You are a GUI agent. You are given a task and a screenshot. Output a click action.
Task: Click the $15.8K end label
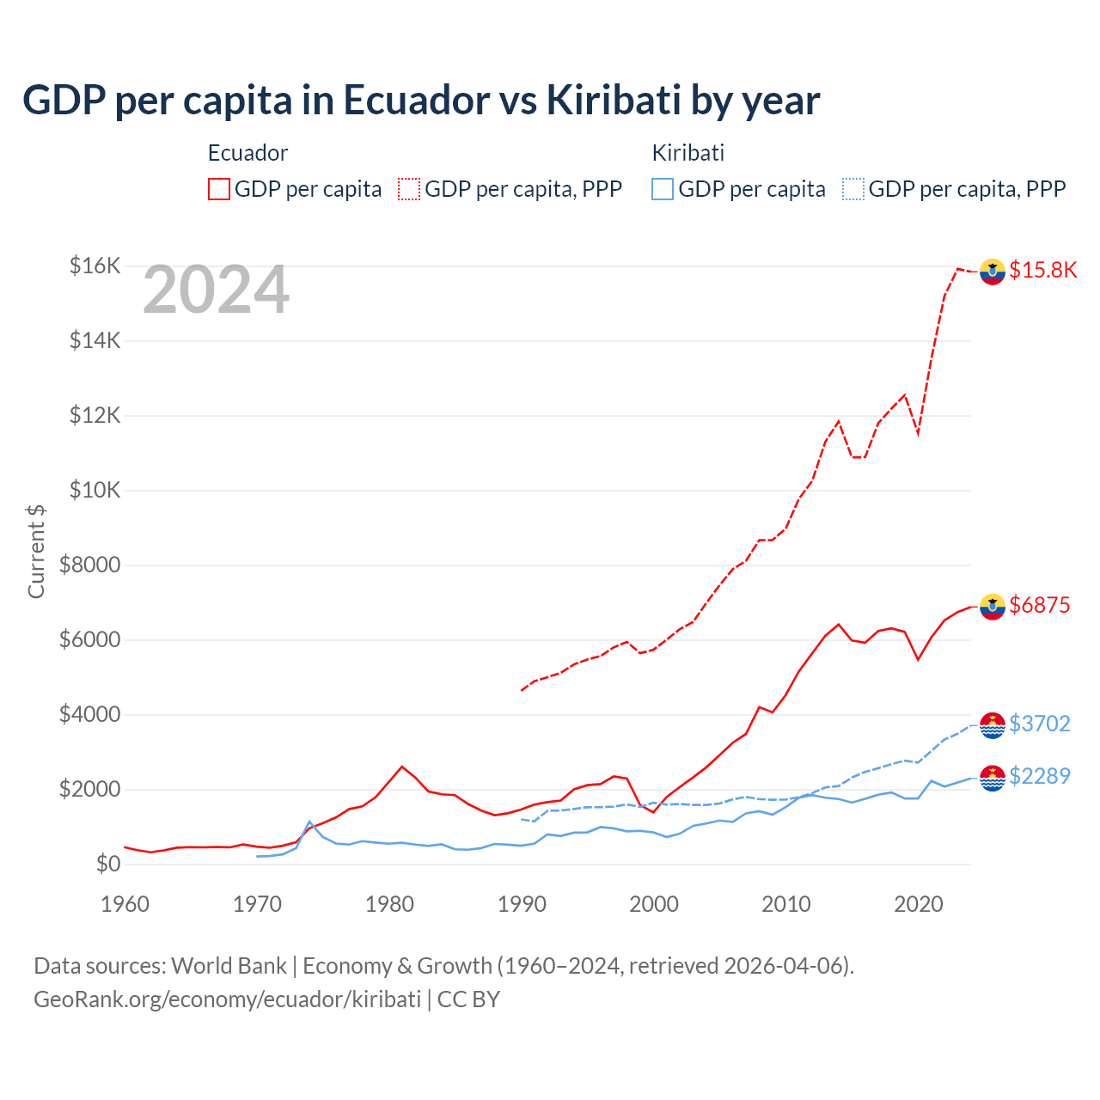(1042, 270)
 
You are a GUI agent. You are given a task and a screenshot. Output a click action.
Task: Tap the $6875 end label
(1039, 605)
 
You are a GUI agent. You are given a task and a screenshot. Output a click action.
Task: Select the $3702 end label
(1039, 724)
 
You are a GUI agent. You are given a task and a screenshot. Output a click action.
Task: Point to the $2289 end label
(1039, 776)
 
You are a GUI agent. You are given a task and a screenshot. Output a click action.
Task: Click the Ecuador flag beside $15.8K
(993, 271)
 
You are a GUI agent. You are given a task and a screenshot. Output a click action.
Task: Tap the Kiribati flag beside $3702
(993, 725)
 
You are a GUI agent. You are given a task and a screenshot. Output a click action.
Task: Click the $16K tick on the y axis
(95, 266)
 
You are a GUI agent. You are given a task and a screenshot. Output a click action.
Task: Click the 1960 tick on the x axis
(125, 904)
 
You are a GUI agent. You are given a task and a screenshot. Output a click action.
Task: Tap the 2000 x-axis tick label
(654, 904)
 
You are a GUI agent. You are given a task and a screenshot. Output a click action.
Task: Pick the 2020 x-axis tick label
(919, 904)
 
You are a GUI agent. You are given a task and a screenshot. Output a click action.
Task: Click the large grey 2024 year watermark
(216, 290)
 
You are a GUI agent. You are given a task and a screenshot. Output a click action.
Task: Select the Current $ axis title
(36, 551)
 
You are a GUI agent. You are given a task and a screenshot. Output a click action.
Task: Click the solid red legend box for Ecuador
(219, 189)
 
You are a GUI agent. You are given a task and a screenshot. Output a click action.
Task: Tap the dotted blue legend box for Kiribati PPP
(853, 189)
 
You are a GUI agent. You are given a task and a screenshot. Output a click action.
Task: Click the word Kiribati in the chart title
(614, 100)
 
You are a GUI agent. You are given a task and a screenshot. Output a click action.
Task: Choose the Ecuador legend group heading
(247, 153)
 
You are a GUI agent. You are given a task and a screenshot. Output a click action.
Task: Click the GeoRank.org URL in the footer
(227, 999)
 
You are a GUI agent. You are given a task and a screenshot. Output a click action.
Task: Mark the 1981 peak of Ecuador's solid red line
(402, 767)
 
